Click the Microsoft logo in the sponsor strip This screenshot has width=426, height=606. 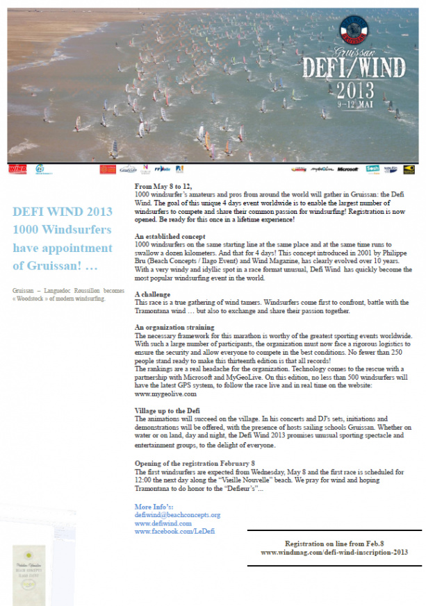(x=347, y=168)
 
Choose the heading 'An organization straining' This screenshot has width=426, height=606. (x=174, y=326)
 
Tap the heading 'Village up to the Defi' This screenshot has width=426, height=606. (x=167, y=410)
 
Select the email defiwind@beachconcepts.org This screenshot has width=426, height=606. (x=177, y=515)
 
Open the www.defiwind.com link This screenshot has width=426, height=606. (x=163, y=523)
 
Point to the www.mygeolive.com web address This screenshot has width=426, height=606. (x=161, y=393)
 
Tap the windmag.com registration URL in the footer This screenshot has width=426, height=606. (x=334, y=552)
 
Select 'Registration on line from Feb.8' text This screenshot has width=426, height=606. (x=334, y=543)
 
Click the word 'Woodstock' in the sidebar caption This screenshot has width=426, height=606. (x=36, y=299)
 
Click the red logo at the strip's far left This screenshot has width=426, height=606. (x=17, y=169)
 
